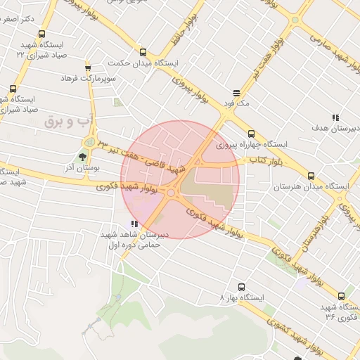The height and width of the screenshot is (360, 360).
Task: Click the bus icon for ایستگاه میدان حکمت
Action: pyautogui.click(x=143, y=53)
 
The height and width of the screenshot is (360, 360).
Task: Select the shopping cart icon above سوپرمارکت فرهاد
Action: pyautogui.click(x=88, y=68)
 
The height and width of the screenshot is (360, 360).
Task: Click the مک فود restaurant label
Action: pyautogui.click(x=236, y=103)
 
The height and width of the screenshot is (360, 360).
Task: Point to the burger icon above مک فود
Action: pyautogui.click(x=236, y=92)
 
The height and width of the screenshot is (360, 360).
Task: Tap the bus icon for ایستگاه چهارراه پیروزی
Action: pyautogui.click(x=251, y=134)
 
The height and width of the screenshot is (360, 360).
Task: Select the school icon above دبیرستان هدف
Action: pyautogui.click(x=335, y=118)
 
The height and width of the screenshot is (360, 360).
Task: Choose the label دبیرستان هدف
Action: pyautogui.click(x=335, y=129)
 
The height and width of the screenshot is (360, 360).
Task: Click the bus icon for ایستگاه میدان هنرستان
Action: pyautogui.click(x=311, y=176)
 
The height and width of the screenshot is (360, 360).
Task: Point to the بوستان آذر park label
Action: pyautogui.click(x=83, y=169)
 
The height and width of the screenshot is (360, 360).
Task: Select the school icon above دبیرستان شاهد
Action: pyautogui.click(x=134, y=224)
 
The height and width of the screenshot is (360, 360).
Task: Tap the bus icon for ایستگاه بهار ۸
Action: pyautogui.click(x=241, y=287)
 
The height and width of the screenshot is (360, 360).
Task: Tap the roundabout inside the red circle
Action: pyautogui.click(x=171, y=192)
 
